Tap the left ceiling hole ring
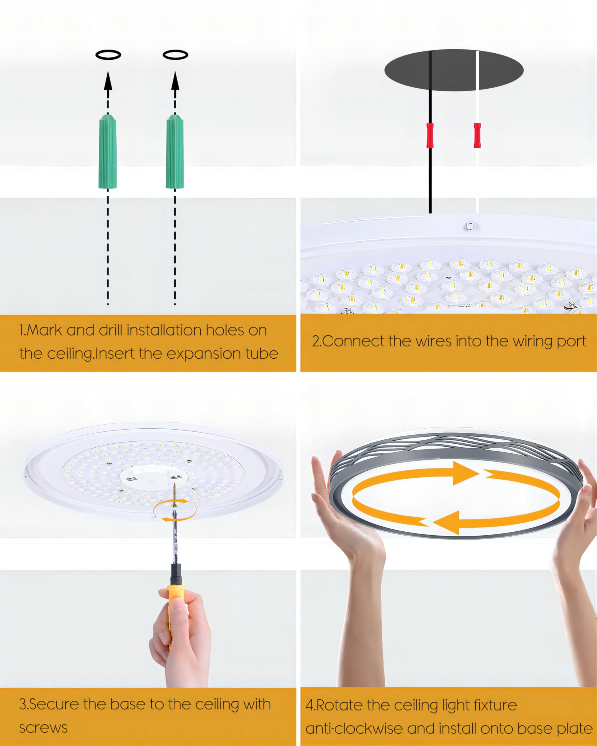click(108, 55)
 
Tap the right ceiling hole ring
click(175, 55)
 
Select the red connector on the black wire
click(430, 135)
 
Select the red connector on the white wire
click(477, 135)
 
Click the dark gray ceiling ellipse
click(454, 70)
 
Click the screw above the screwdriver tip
click(174, 493)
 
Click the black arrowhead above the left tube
click(108, 81)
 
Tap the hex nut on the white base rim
click(470, 226)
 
